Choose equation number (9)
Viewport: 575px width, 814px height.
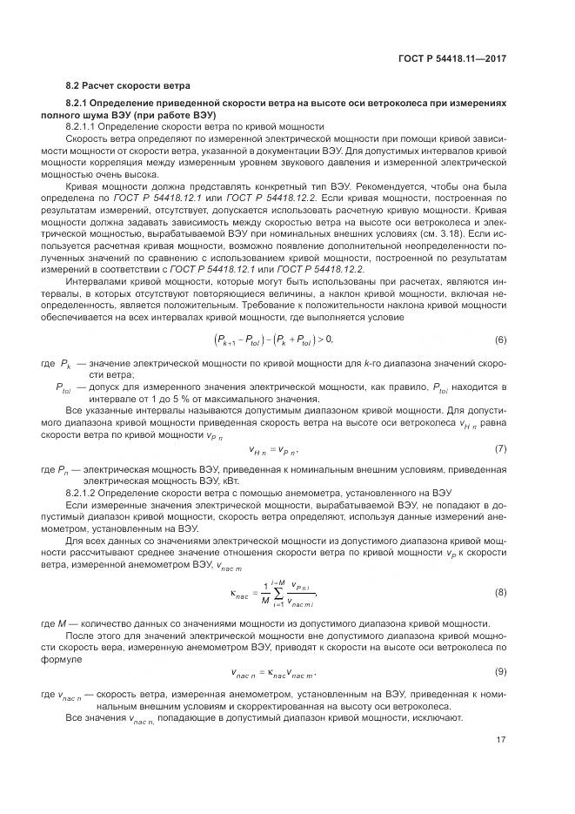tap(501, 672)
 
